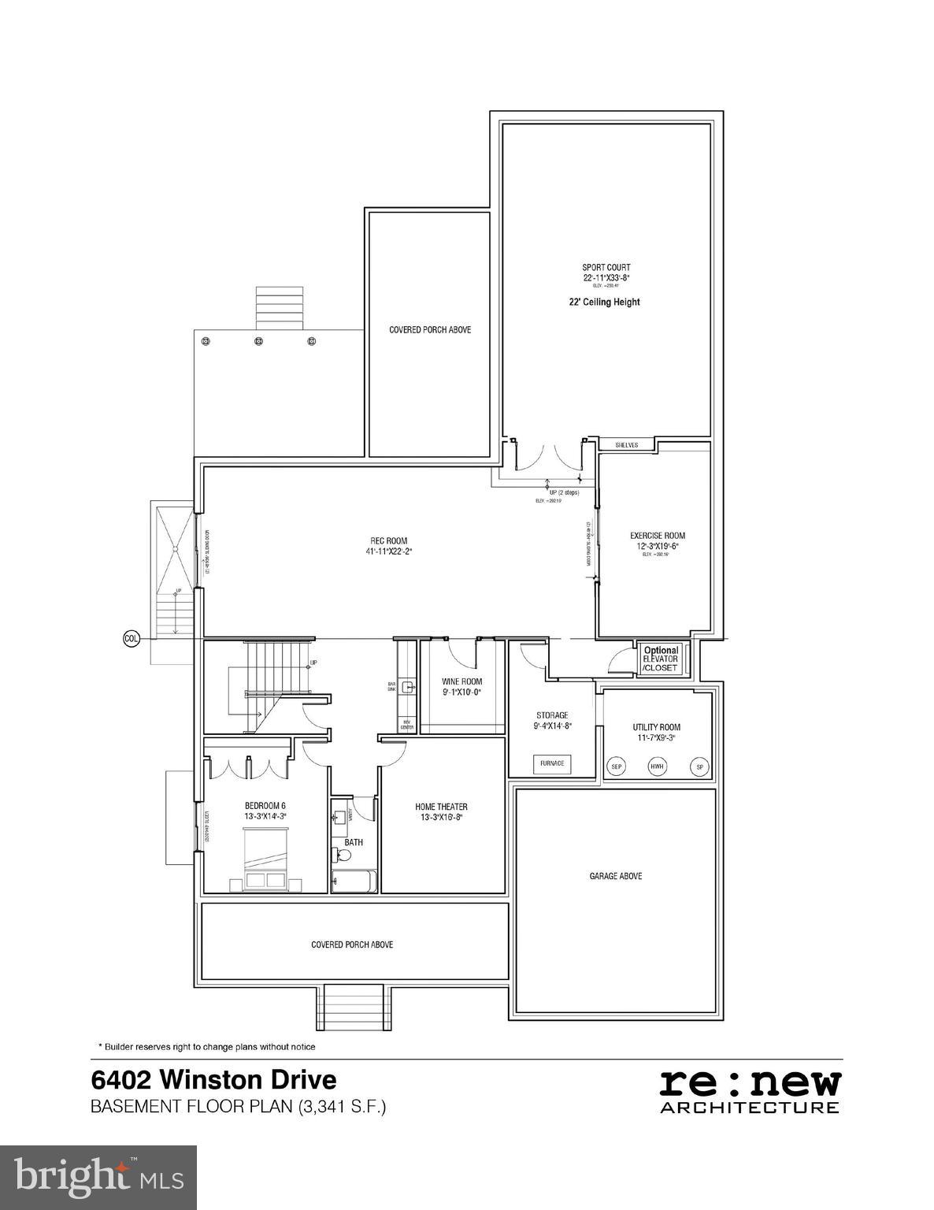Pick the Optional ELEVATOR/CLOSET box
(661, 659)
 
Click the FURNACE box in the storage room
(551, 763)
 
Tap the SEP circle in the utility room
(617, 766)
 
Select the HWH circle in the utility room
(656, 766)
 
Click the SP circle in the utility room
(699, 766)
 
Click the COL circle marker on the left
(132, 638)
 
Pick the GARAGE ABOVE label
(616, 876)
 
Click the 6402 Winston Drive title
(213, 1078)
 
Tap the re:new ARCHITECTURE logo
(749, 1090)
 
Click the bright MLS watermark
(98, 1177)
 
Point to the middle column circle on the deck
(258, 341)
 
